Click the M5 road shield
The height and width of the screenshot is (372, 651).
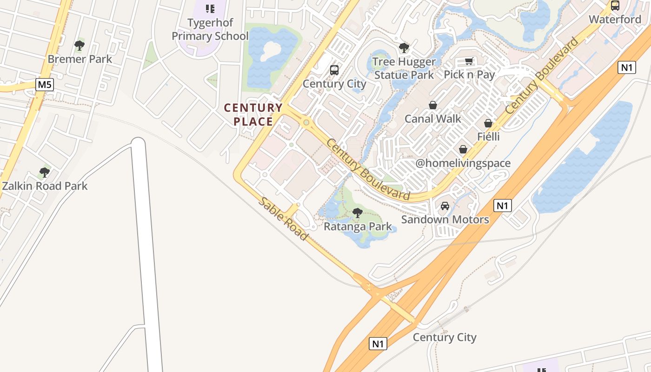tap(45, 85)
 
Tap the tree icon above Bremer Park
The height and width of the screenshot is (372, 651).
tap(80, 46)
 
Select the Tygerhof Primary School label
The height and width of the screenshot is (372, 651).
tap(210, 29)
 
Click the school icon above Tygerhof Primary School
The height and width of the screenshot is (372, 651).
tap(210, 8)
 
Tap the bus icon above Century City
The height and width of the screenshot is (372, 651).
tap(334, 70)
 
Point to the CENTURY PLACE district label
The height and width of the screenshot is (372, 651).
tap(253, 115)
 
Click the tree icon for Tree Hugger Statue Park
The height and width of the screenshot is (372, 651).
tap(404, 47)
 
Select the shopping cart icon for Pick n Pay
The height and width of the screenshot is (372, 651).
tap(469, 61)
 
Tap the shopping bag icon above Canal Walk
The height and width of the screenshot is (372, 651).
tap(432, 105)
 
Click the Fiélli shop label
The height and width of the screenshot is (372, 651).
tap(488, 137)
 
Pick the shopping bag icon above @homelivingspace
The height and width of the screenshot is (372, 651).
tap(463, 149)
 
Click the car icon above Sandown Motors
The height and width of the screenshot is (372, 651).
tap(445, 206)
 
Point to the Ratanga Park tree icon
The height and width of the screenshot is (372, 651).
tap(357, 213)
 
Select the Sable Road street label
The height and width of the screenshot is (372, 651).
tap(283, 219)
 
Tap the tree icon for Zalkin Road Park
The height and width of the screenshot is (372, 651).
tap(45, 173)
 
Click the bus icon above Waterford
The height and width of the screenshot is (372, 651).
tap(615, 6)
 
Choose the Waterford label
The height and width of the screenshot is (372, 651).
tap(615, 20)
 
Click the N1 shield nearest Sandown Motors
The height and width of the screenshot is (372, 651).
tap(503, 206)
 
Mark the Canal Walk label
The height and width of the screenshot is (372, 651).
tap(432, 119)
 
